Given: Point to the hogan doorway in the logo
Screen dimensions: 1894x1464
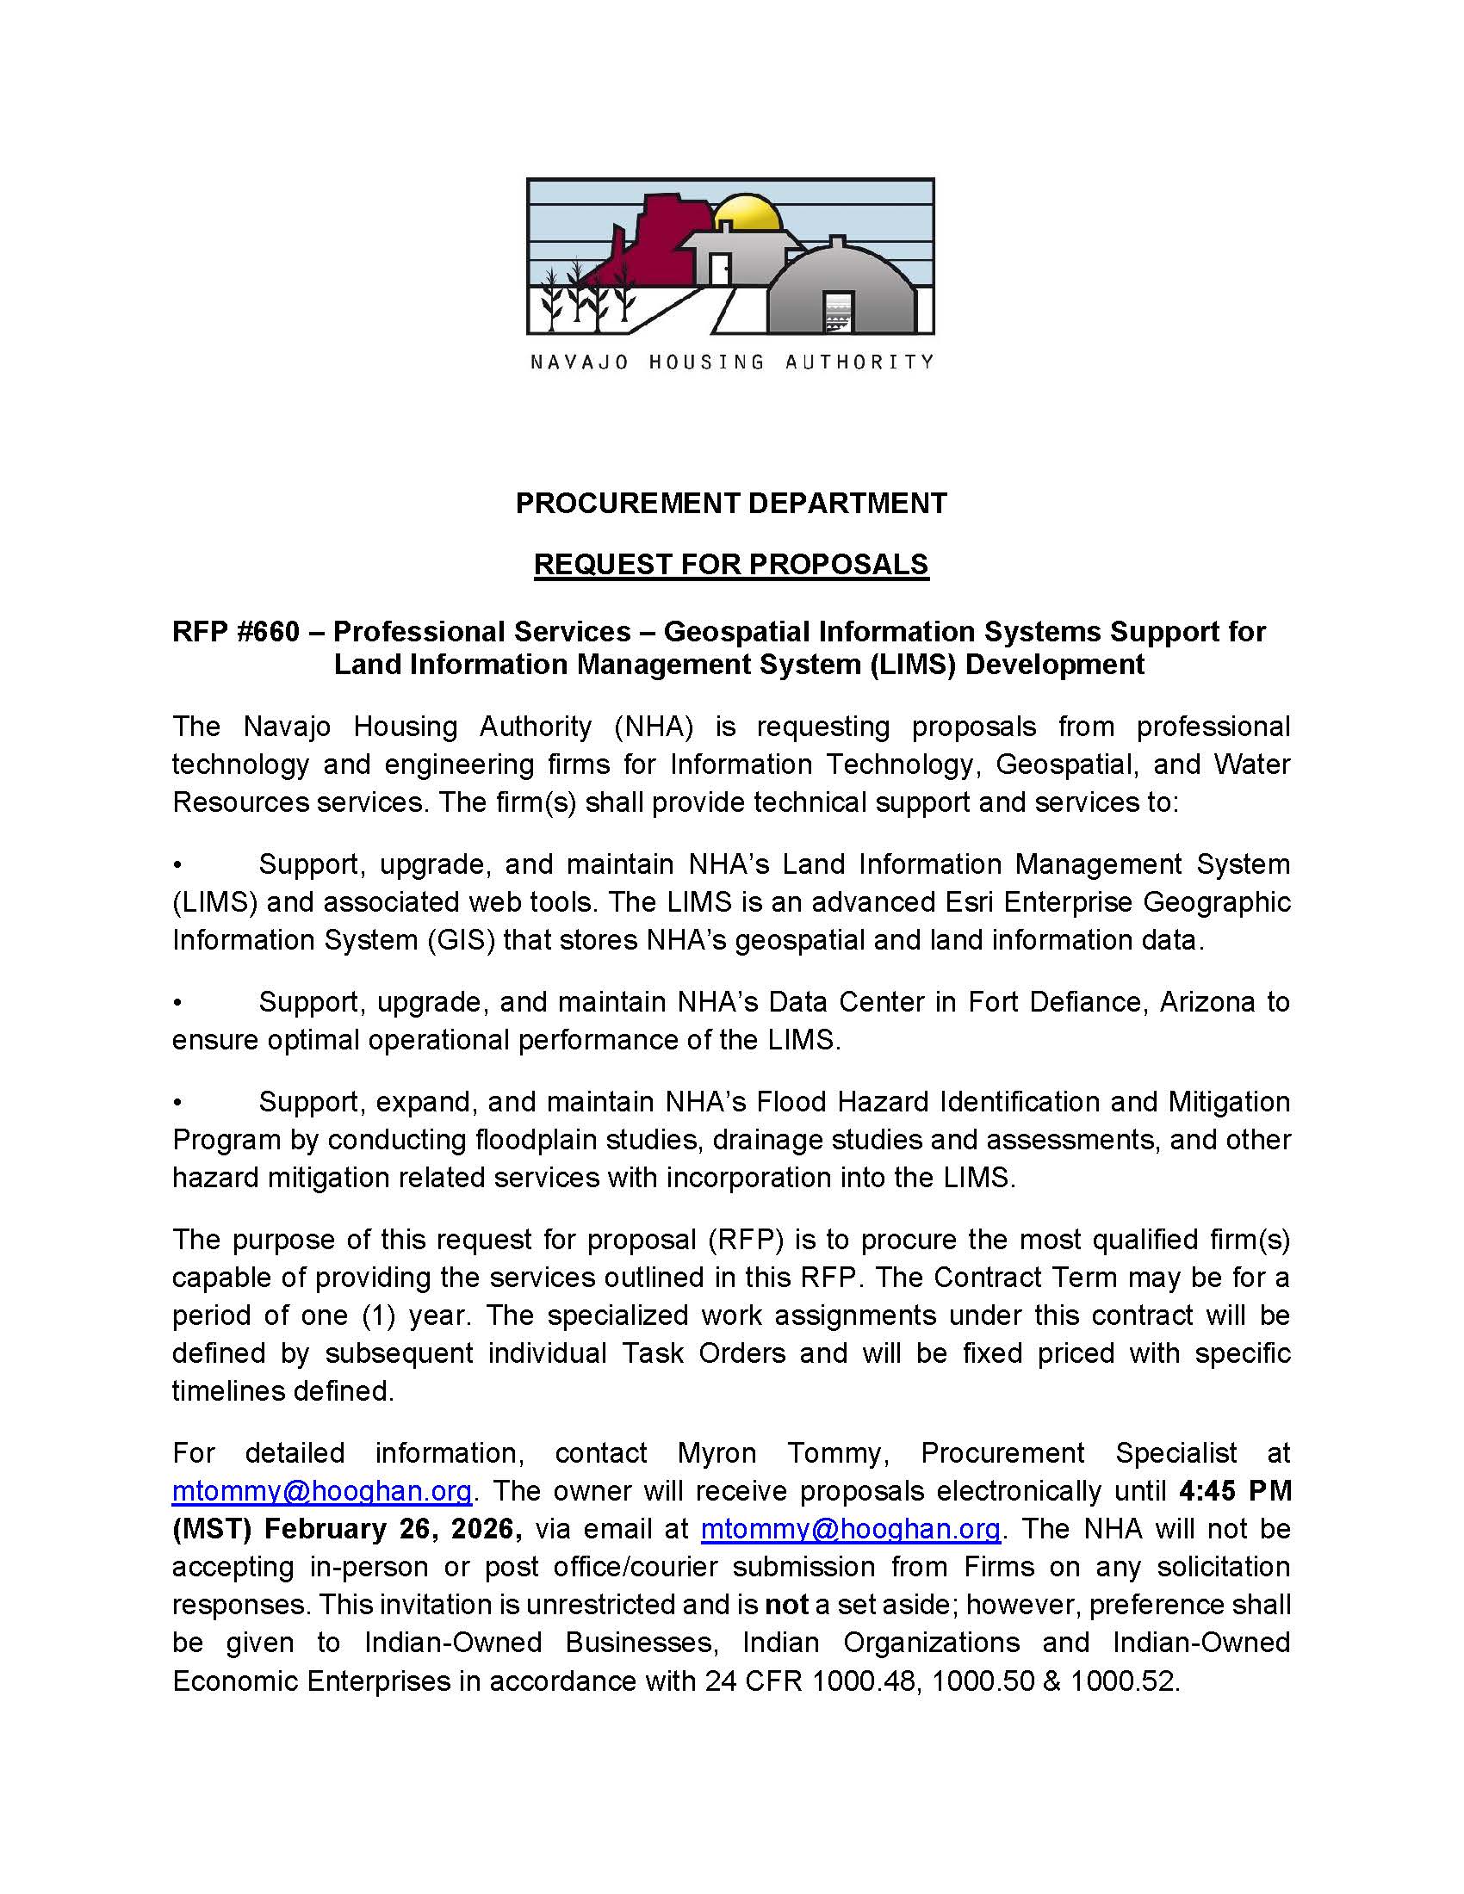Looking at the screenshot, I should point(838,313).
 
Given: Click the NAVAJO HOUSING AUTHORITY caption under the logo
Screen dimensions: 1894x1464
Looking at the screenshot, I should point(731,362).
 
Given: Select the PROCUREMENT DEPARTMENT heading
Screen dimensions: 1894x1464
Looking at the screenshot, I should point(731,503).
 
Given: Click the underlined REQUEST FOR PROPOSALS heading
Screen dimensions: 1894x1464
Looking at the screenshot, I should point(731,565).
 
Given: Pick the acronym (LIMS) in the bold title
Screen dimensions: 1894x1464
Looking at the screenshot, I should point(913,665).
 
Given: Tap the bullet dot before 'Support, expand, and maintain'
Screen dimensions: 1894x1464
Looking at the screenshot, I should point(177,1102).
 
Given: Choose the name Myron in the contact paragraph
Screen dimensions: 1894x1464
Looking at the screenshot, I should point(716,1452).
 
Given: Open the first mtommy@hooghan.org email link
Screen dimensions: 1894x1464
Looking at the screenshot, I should point(322,1491).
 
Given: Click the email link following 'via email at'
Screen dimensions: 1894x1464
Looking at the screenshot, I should point(850,1529).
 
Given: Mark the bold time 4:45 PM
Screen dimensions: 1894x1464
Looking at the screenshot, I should point(1235,1491).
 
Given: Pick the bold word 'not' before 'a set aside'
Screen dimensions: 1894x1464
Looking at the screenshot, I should point(785,1606).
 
